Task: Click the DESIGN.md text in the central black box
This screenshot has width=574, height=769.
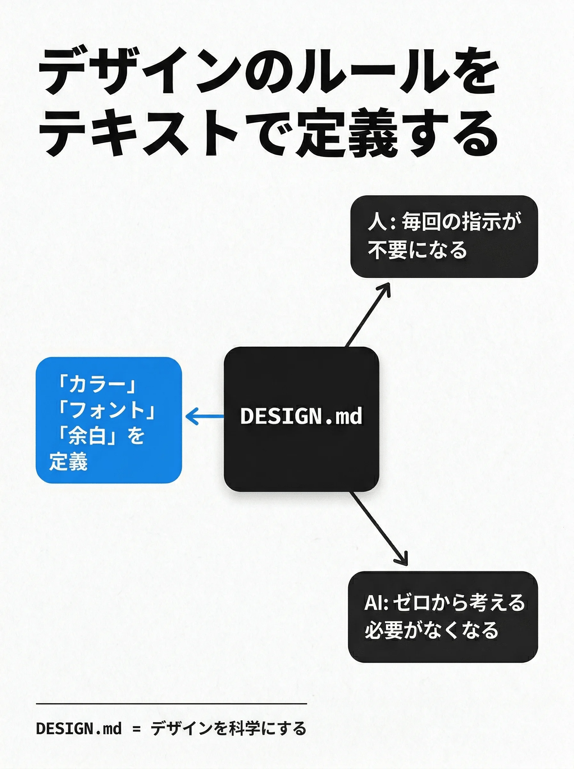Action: (301, 416)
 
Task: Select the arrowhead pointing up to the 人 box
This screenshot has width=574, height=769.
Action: (385, 290)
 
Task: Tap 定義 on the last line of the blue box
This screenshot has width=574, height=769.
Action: (68, 461)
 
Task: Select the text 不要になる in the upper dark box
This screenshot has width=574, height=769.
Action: (417, 250)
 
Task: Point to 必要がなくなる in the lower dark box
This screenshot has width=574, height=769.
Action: (431, 630)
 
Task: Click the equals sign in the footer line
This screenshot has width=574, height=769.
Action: (136, 729)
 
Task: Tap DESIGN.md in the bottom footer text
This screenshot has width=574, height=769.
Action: (79, 729)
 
